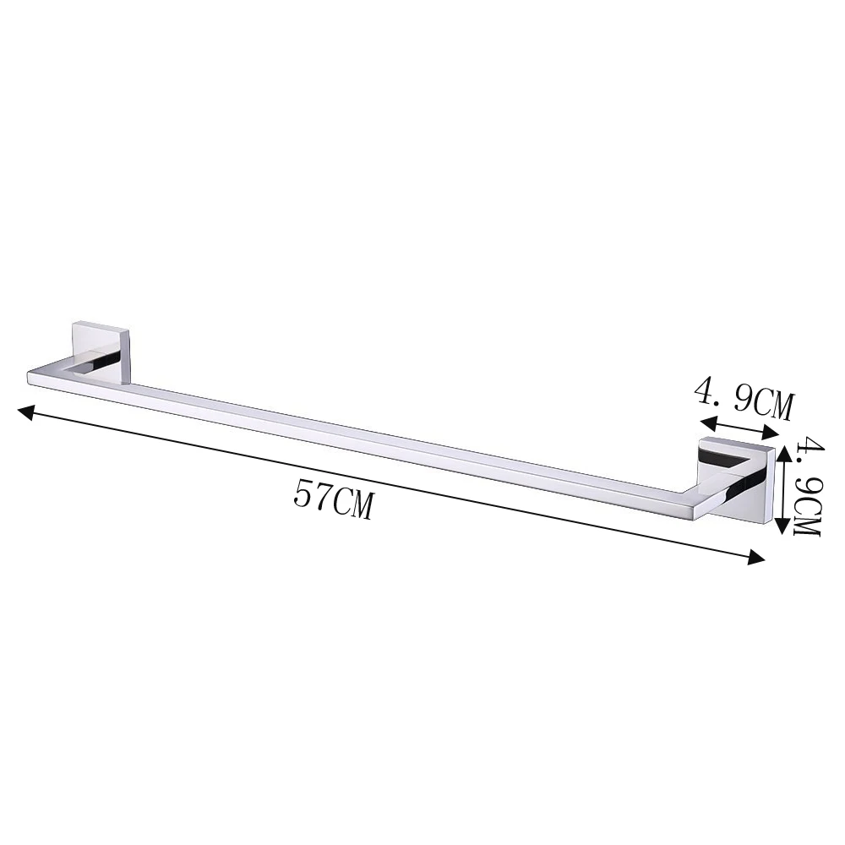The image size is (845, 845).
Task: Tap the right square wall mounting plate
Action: tap(737, 480)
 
